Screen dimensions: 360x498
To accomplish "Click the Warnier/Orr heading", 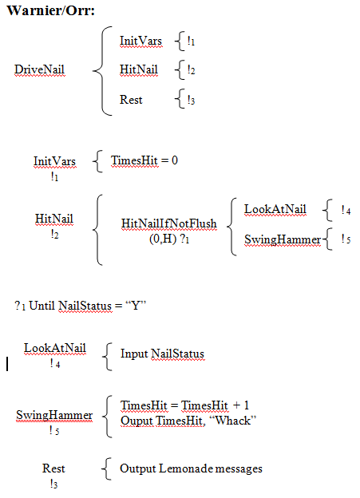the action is [51, 10].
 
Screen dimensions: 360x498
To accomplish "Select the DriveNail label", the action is [39, 69].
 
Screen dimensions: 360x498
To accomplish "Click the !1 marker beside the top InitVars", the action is [191, 41].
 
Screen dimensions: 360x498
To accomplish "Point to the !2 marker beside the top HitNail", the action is [191, 70].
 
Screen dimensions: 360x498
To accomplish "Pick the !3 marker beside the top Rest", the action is [191, 100].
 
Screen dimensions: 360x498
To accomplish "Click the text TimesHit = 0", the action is [144, 160].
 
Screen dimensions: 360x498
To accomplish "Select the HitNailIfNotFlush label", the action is [169, 223].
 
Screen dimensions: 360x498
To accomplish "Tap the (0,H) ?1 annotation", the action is [169, 239].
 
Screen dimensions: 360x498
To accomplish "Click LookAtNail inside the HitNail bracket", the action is [275, 209].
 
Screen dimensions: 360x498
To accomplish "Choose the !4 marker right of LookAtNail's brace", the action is [346, 210].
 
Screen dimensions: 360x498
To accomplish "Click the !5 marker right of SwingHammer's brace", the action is [346, 239].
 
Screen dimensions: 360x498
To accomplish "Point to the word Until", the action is [42, 306].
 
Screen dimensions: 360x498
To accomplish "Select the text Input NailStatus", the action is [162, 354].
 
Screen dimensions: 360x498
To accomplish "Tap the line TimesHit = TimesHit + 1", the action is [184, 405].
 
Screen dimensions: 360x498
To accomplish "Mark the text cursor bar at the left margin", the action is [7, 364].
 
